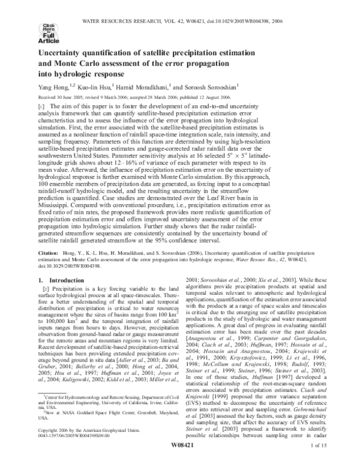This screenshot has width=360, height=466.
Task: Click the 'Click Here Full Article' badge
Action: pyautogui.click(x=47, y=30)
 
